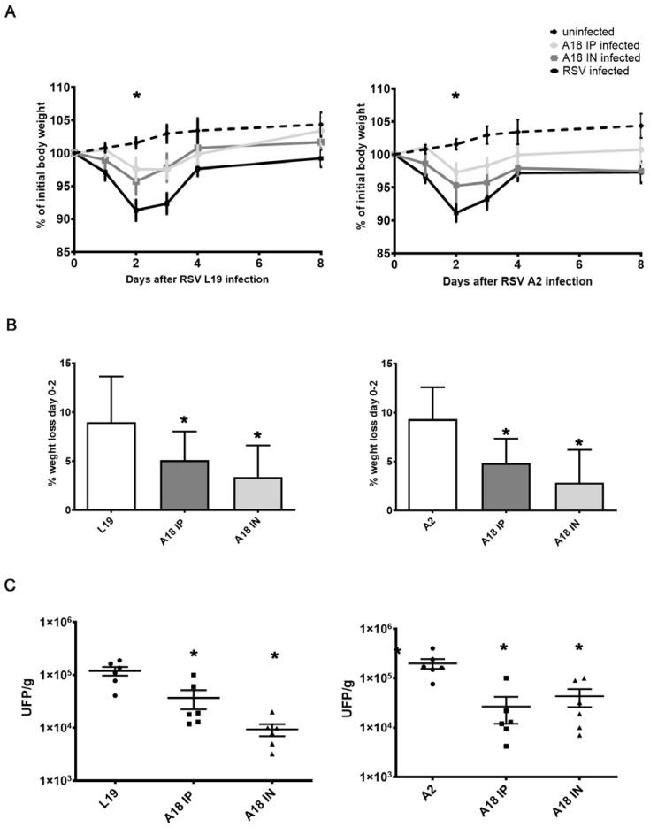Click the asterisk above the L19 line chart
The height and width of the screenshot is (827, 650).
[137, 96]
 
